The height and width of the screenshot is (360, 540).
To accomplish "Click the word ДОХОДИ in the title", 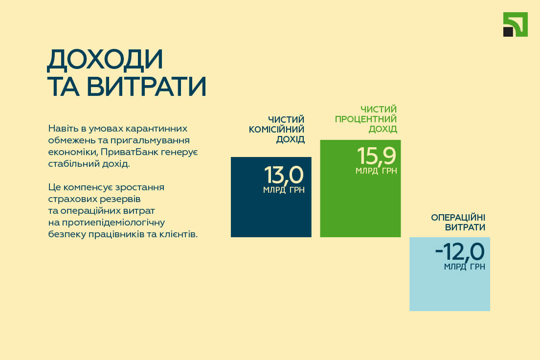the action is (x=105, y=60).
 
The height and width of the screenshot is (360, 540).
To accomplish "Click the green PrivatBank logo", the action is (x=515, y=24).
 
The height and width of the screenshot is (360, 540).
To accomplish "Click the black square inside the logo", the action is (x=508, y=32).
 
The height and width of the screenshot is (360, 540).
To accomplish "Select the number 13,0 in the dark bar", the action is (x=284, y=175).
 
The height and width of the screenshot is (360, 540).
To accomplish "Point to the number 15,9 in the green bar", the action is (x=377, y=156).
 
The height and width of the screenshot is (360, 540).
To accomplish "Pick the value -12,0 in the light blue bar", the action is (x=460, y=251).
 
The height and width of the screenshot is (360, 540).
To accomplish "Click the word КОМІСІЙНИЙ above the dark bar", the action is (x=276, y=130).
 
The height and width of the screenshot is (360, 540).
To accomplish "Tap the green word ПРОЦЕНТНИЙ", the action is (x=366, y=119).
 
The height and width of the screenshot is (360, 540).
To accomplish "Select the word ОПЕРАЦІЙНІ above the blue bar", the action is (x=458, y=217).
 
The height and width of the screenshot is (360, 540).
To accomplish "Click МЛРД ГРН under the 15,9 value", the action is (x=376, y=171).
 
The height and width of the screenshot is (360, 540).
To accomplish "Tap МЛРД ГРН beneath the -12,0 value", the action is (x=465, y=267).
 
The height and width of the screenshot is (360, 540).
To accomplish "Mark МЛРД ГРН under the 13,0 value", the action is (x=284, y=190).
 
